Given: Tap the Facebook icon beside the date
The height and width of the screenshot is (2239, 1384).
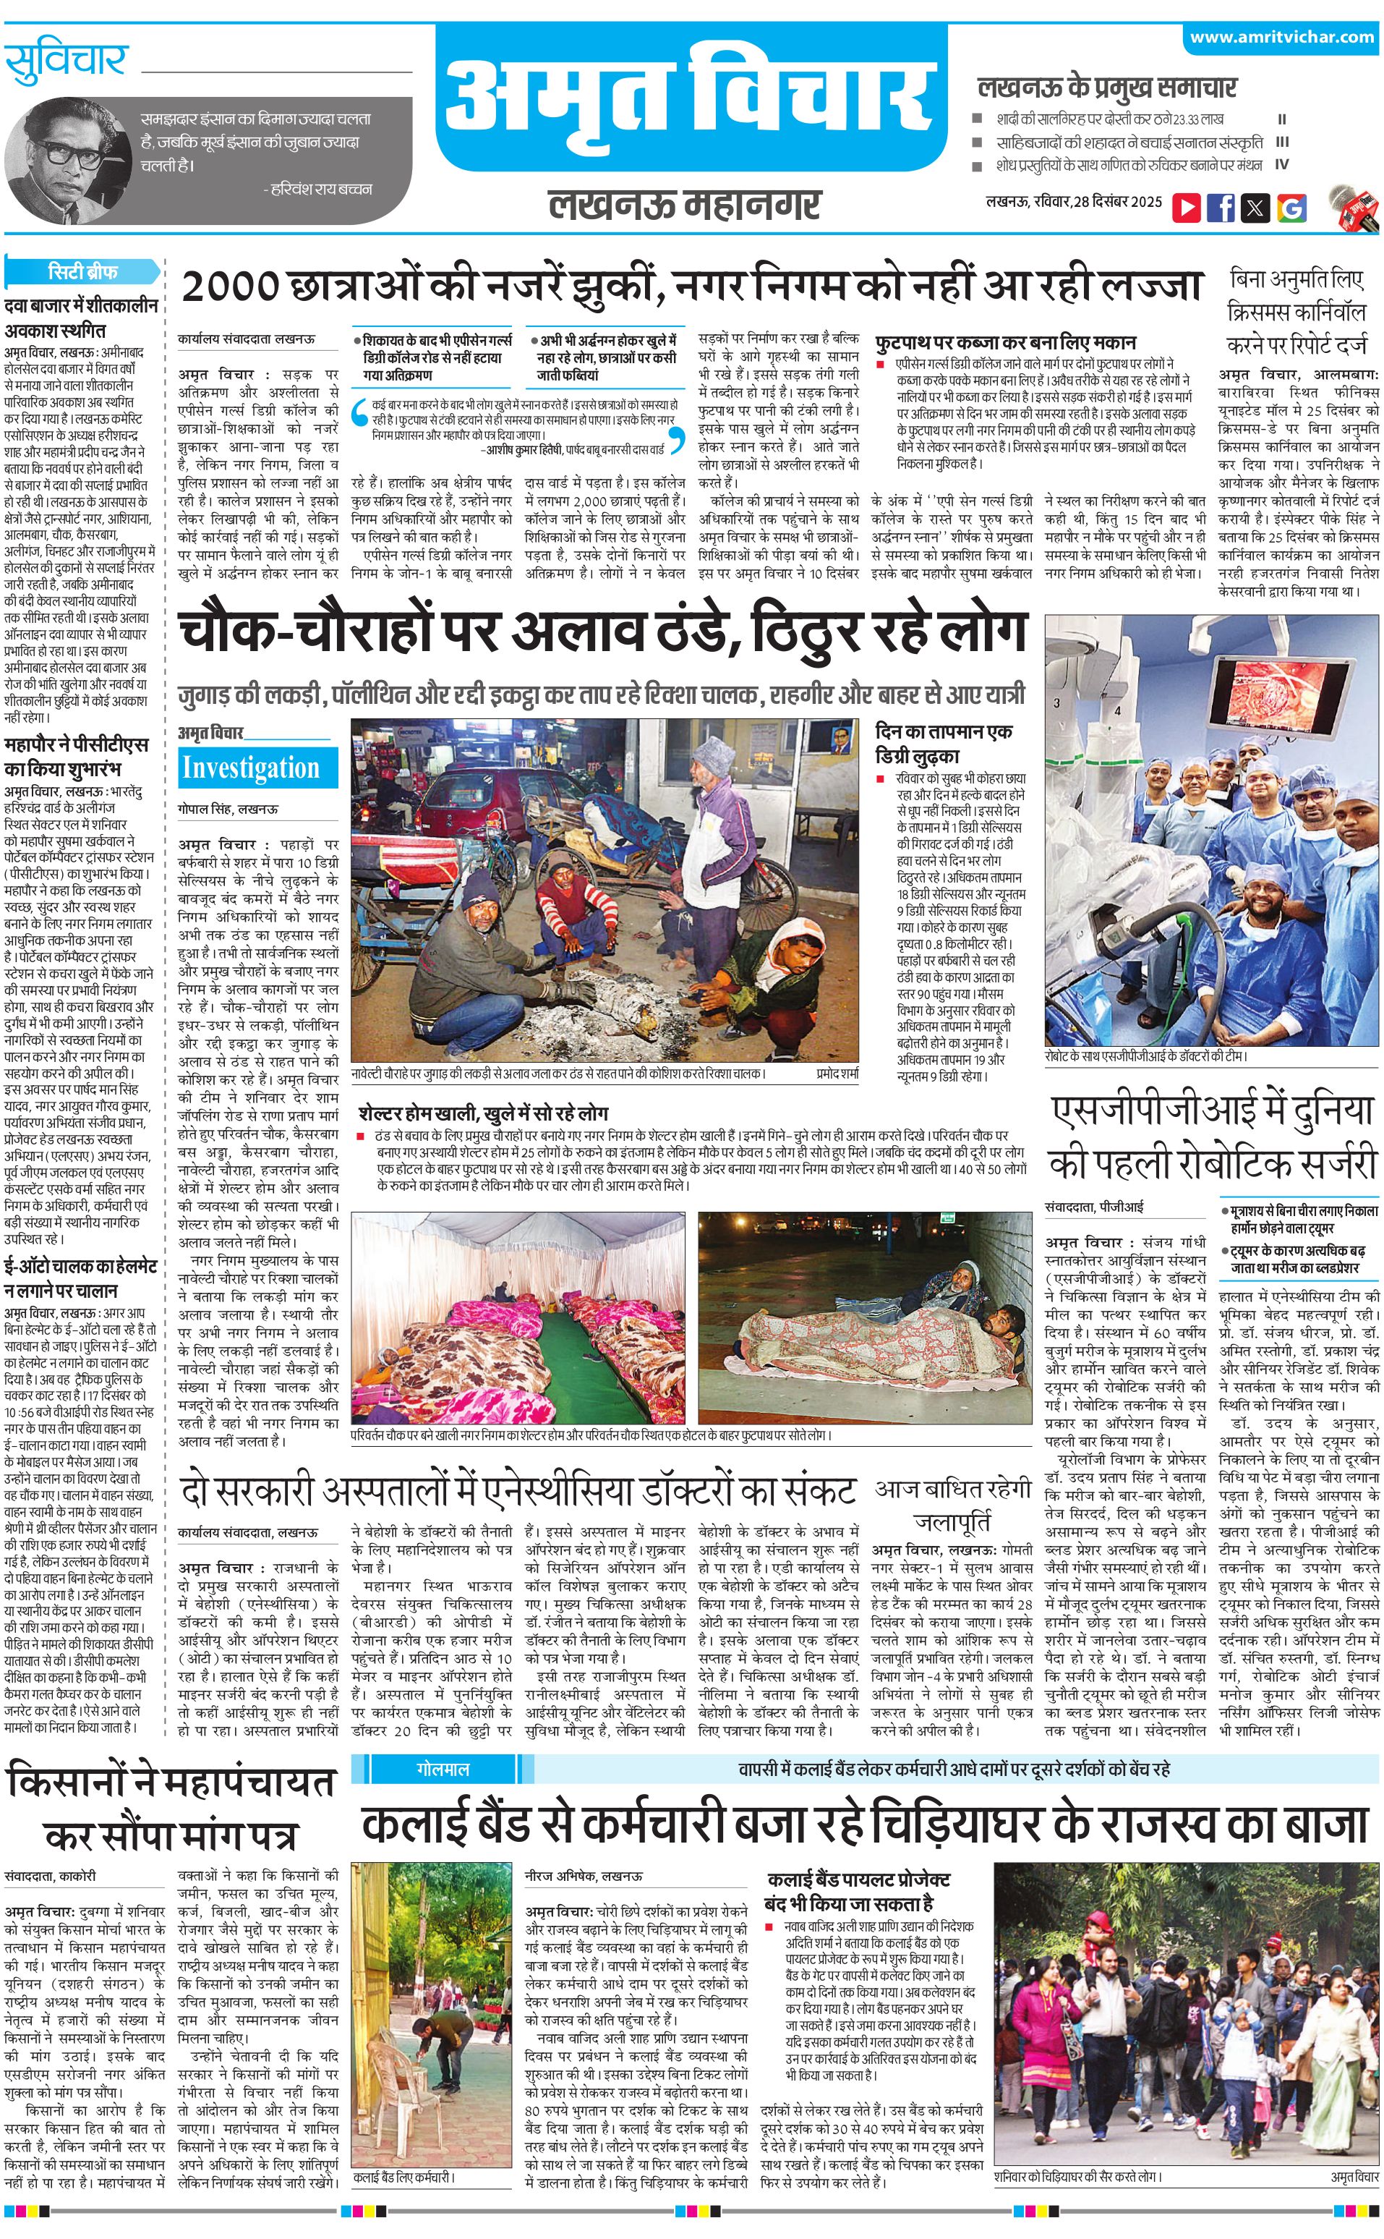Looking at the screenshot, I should tap(1220, 208).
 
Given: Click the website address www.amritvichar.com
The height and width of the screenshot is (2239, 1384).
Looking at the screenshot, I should tap(1281, 38).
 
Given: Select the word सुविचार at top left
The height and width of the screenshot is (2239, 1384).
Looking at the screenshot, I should tap(65, 62).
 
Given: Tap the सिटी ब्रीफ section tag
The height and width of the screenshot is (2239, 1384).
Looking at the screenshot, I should tap(82, 272).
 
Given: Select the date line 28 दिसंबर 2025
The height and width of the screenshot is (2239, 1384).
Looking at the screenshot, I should tap(1118, 201).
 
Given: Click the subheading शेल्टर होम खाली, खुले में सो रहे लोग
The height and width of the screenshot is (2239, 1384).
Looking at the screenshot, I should tap(483, 1113).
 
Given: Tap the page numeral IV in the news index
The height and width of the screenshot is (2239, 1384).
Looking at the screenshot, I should tap(1281, 166).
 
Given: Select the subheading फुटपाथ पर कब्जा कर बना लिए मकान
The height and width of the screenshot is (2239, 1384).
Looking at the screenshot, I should tap(1005, 342).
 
